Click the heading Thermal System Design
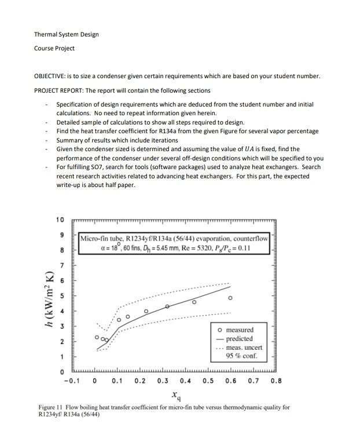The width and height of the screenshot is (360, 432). click(x=66, y=34)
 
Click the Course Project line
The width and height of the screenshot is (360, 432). click(x=54, y=48)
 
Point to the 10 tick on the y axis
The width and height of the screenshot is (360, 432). click(x=60, y=220)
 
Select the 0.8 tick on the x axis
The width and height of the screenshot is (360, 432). click(x=276, y=381)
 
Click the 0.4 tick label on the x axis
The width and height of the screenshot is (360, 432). click(x=185, y=381)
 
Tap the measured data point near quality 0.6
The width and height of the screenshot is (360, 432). click(x=230, y=298)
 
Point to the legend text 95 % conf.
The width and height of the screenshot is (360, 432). click(x=241, y=356)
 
